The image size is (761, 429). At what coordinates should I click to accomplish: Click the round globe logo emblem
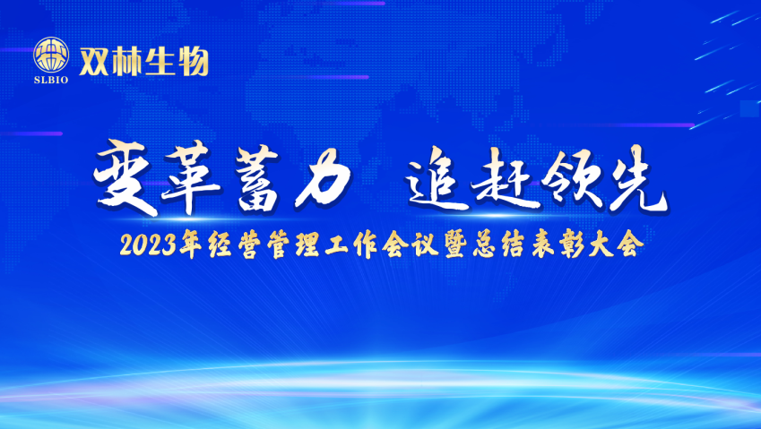coord(51,55)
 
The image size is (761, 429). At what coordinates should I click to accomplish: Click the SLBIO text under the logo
coord(51,80)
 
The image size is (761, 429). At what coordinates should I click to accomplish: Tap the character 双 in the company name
coord(94,62)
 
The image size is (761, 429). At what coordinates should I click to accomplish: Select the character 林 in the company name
coord(126,62)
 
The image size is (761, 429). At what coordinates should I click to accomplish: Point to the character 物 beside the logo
coord(193,62)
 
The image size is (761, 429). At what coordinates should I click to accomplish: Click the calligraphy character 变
coord(125,177)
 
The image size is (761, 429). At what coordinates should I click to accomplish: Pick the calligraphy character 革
coord(193,177)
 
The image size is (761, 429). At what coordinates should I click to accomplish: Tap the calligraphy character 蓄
coord(258,178)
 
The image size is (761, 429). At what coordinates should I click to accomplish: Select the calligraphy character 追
coord(436,180)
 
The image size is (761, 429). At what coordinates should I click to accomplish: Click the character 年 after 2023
coord(191,245)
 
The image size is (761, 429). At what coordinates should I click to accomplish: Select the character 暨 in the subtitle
coord(455,245)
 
